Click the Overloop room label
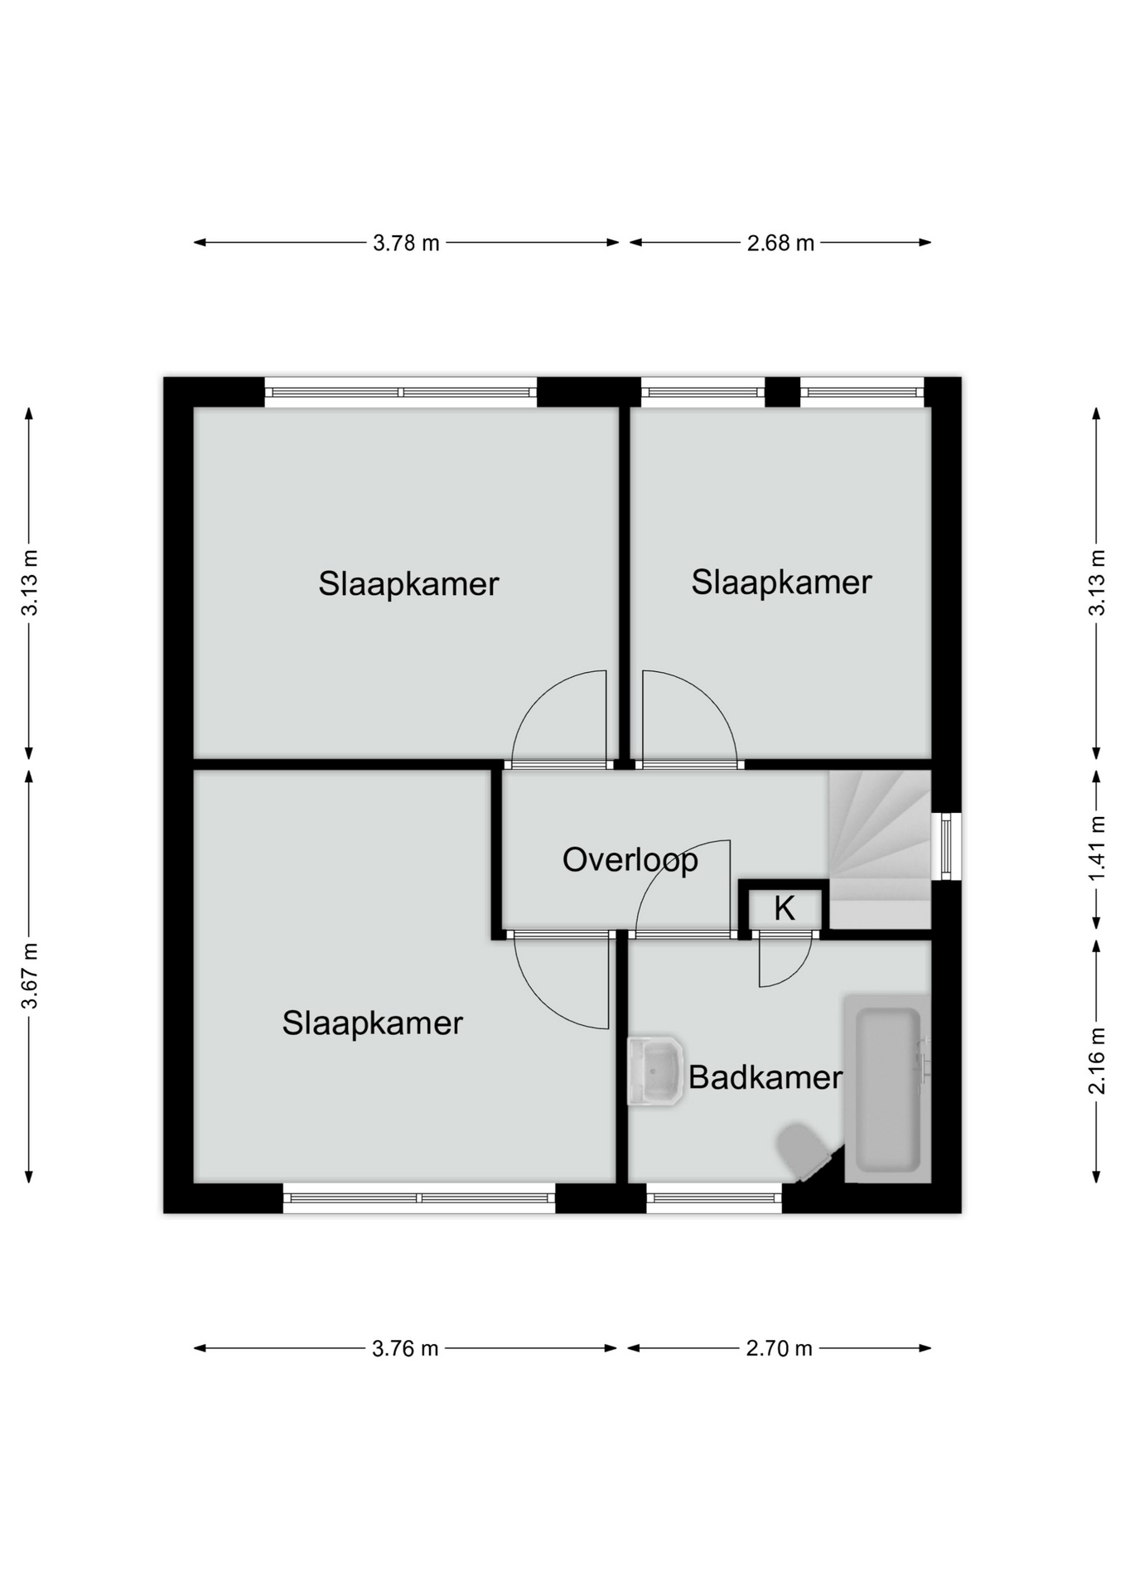pyautogui.click(x=630, y=860)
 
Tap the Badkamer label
pyautogui.click(x=765, y=1077)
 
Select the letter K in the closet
pyautogui.click(x=784, y=909)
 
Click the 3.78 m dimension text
pyautogui.click(x=406, y=243)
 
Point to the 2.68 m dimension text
pyautogui.click(x=780, y=243)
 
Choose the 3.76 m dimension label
pyautogui.click(x=405, y=1348)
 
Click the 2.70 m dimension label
pyautogui.click(x=779, y=1348)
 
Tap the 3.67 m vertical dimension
pyautogui.click(x=30, y=976)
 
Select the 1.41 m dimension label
pyautogui.click(x=1097, y=849)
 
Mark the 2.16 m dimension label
pyautogui.click(x=1097, y=1061)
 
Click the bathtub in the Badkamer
pyautogui.click(x=887, y=1089)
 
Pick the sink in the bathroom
pyautogui.click(x=654, y=1071)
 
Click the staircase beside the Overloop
pyautogui.click(x=880, y=849)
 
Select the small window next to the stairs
pyautogui.click(x=946, y=846)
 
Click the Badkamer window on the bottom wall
pyautogui.click(x=714, y=1198)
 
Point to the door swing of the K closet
pyautogui.click(x=785, y=963)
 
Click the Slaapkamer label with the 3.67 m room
pyautogui.click(x=372, y=1023)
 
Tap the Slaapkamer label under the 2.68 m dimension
pyautogui.click(x=781, y=583)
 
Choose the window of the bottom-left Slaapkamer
pyautogui.click(x=419, y=1198)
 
